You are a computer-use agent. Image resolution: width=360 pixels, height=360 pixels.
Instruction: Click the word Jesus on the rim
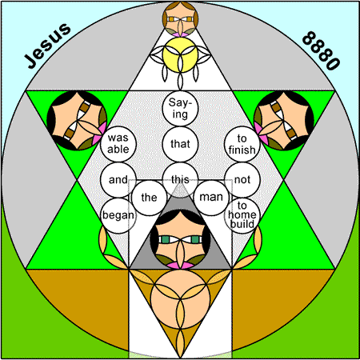47,46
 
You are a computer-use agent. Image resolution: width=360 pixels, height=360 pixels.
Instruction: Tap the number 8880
321,50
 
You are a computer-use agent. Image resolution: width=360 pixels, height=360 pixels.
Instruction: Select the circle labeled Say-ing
180,109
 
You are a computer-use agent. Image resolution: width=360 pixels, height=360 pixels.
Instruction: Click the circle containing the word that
180,144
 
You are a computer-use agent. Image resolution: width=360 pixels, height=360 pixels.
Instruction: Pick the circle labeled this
180,179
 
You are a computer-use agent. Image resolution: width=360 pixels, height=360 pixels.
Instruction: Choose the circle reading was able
118,144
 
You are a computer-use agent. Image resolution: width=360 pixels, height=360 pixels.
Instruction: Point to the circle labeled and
118,179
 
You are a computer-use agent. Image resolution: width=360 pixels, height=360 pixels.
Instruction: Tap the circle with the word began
118,215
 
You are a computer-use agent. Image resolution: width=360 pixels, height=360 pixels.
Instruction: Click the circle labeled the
149,198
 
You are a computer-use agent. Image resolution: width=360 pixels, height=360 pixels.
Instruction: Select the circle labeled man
211,198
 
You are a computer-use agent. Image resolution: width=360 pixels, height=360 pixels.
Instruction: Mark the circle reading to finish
242,144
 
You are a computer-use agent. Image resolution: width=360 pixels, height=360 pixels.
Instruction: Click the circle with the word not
242,179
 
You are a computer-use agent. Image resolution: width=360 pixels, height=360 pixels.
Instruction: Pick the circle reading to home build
242,215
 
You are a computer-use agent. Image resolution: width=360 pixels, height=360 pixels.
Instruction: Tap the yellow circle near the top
180,55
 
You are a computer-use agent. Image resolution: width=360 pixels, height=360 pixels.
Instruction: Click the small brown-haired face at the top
180,18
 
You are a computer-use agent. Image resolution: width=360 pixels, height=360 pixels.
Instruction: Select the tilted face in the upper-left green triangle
77,120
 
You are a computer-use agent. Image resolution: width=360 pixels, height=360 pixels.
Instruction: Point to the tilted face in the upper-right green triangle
284,120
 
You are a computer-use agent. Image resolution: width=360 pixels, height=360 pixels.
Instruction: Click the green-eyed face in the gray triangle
180,238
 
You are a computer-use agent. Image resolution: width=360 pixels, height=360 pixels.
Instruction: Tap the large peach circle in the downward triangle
180,298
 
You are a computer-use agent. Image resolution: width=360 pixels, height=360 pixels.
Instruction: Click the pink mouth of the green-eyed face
180,265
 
